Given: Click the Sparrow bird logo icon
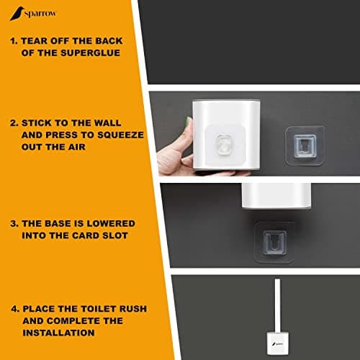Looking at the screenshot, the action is click(x=17, y=14).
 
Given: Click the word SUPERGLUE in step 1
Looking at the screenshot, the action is click(x=90, y=53).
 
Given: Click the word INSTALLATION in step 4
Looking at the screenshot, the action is click(x=58, y=333).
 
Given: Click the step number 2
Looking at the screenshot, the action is click(x=14, y=123).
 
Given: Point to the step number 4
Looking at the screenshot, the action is click(x=15, y=309).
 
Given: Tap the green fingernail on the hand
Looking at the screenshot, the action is click(x=189, y=120).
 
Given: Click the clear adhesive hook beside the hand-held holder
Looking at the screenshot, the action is click(x=305, y=145).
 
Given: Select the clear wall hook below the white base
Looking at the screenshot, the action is click(x=274, y=242).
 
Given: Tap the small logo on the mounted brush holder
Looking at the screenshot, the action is click(x=278, y=344).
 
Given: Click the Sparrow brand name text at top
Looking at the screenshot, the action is click(x=40, y=14).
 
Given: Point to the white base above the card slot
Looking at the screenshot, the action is click(x=276, y=196).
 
